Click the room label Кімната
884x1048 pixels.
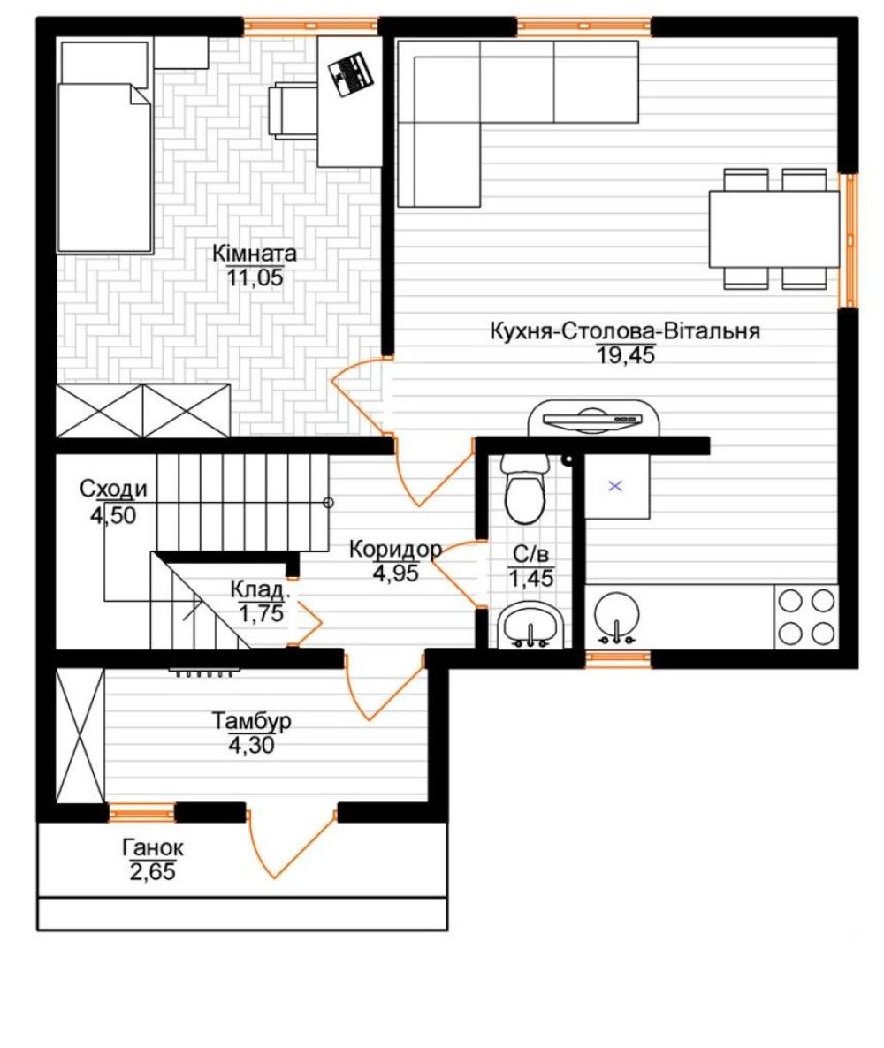click(x=254, y=254)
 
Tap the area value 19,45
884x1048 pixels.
click(x=626, y=355)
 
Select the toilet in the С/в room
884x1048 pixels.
click(x=525, y=489)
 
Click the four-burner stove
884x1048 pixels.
click(x=805, y=616)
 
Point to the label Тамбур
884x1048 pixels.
click(x=251, y=721)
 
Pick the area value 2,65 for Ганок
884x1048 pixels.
click(x=152, y=871)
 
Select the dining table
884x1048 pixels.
click(x=774, y=229)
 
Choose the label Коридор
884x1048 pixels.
click(x=395, y=550)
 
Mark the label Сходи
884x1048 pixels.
click(x=113, y=490)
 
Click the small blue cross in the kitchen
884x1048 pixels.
click(x=616, y=486)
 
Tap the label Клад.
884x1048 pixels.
click(x=260, y=590)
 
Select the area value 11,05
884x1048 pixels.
click(x=255, y=277)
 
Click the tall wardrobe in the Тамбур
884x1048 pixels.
click(x=80, y=736)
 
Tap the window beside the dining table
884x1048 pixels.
click(x=849, y=240)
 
